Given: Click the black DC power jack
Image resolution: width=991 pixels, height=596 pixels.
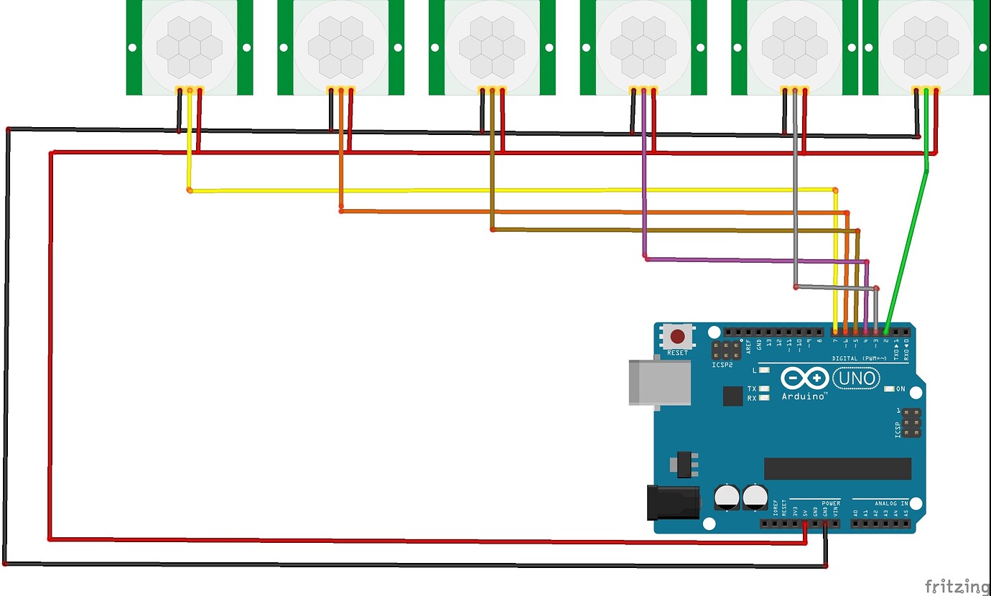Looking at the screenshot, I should pyautogui.click(x=672, y=502).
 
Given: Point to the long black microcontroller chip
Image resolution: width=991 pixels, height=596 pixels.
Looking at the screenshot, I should pyautogui.click(x=837, y=468).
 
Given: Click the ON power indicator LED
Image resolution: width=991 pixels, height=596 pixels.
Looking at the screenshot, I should pyautogui.click(x=890, y=389).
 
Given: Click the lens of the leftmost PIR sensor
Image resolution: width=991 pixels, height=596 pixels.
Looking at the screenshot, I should pyautogui.click(x=190, y=47).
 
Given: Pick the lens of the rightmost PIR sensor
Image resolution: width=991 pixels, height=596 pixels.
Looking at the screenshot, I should pyautogui.click(x=926, y=47).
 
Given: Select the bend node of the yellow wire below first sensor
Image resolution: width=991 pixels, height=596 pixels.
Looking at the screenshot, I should pyautogui.click(x=189, y=190).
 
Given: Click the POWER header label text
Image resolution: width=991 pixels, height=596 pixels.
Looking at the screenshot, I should pyautogui.click(x=831, y=503).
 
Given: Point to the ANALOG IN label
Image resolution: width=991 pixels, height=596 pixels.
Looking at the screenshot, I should pyautogui.click(x=891, y=503).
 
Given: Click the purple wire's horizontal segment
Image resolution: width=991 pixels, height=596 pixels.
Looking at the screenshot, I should pyautogui.click(x=754, y=260).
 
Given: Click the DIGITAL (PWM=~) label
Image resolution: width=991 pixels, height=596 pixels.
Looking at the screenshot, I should pyautogui.click(x=859, y=358).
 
